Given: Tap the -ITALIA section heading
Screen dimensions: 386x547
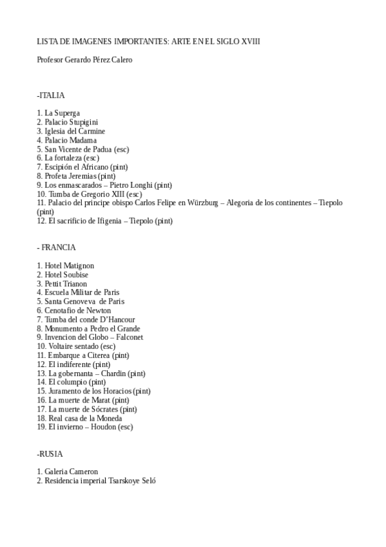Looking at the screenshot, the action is (x=51, y=95).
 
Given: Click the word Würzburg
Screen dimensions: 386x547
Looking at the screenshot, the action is (x=202, y=203).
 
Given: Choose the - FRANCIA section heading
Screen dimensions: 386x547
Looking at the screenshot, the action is (x=56, y=247).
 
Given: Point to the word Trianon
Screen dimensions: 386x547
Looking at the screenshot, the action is (x=75, y=283).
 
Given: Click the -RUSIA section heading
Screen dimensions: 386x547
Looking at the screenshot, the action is (x=50, y=453).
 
